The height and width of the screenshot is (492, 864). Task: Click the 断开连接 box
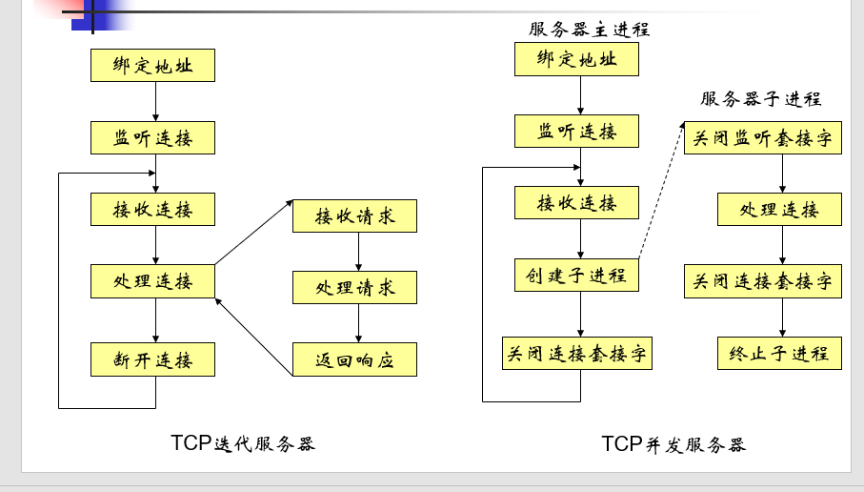(152, 359)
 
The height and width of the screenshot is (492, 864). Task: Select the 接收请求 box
(354, 215)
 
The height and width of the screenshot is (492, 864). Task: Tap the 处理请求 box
(354, 287)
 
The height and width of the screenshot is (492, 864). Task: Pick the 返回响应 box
(354, 359)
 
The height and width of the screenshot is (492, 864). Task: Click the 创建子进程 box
(576, 276)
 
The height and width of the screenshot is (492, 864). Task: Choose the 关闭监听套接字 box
(762, 138)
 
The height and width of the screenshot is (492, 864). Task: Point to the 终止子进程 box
(779, 353)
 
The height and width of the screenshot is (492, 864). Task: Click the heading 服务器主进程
(589, 30)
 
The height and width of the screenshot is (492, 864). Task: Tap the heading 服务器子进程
(760, 98)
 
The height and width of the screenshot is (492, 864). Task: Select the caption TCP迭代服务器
(242, 443)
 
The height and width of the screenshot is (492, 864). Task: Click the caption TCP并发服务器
(673, 444)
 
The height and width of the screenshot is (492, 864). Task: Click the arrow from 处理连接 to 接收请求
(253, 233)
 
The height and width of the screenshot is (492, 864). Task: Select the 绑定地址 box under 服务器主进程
(576, 59)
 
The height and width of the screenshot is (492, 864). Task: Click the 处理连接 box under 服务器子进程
(779, 210)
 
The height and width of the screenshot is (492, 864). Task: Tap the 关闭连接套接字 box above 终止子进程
(762, 281)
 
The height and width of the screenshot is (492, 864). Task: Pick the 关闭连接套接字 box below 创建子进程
(577, 353)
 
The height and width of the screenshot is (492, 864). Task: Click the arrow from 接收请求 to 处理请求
(358, 252)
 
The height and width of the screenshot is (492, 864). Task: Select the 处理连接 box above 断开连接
(152, 281)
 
